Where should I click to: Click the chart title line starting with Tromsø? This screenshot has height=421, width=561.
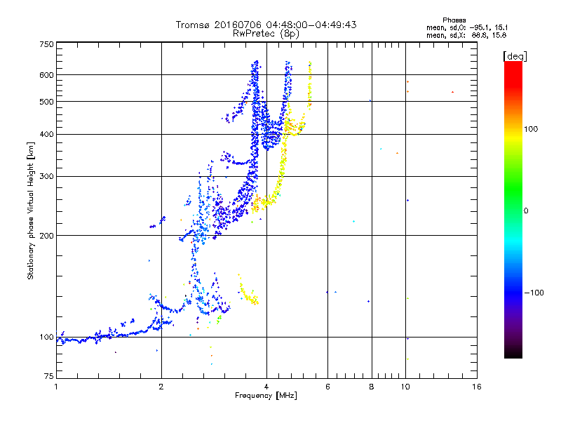coord(266,25)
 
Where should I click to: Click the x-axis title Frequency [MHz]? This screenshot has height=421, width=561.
coord(266,396)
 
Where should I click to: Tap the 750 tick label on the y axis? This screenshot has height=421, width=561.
coord(46,44)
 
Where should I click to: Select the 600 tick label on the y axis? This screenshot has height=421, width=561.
coord(46,74)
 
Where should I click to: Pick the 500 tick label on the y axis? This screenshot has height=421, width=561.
coord(46,101)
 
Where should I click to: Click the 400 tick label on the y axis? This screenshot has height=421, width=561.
coord(46,134)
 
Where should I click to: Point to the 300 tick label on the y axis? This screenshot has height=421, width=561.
coord(46,176)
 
